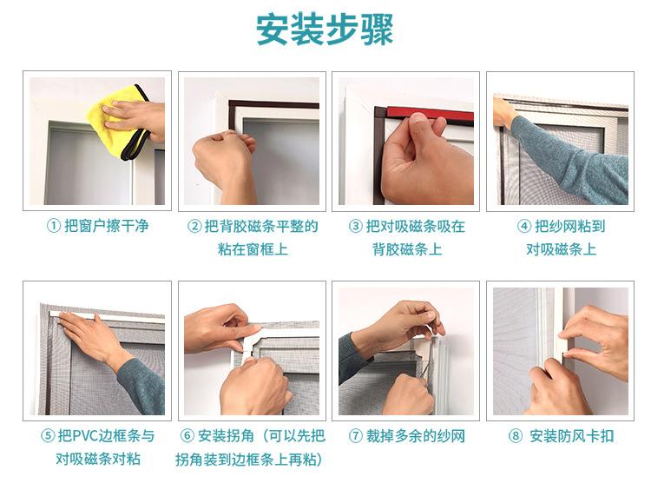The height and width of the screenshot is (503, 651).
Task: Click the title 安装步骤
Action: click(x=325, y=30)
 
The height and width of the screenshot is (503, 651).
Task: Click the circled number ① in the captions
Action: click(x=54, y=227)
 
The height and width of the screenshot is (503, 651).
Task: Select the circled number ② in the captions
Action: click(x=194, y=227)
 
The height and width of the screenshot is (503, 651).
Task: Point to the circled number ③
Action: click(x=355, y=227)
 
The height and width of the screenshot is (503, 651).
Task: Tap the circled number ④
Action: click(x=524, y=227)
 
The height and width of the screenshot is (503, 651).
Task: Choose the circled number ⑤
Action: click(x=48, y=436)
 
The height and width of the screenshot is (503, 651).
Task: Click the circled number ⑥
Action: click(x=187, y=436)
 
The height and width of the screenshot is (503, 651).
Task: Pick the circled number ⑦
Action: click(x=355, y=436)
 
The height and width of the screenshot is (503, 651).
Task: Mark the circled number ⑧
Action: click(x=516, y=436)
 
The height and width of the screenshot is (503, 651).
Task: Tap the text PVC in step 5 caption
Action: click(x=86, y=436)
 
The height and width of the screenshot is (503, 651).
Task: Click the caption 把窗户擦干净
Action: click(x=106, y=227)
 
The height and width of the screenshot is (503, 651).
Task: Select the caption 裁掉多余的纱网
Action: click(x=415, y=436)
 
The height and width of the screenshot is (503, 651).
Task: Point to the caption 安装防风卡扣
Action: click(x=572, y=436)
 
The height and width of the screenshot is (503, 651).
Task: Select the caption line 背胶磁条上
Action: click(x=407, y=250)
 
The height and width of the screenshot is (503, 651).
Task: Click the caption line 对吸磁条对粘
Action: click(x=98, y=460)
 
